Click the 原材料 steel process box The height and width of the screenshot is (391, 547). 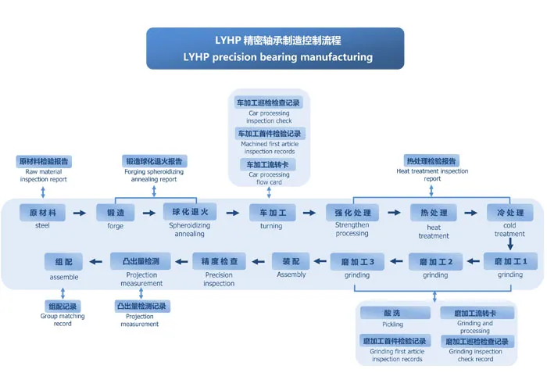(x=42, y=213)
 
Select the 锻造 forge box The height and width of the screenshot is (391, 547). (x=116, y=213)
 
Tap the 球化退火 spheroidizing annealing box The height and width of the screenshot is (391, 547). (x=189, y=212)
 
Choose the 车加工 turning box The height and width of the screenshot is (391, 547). (x=272, y=213)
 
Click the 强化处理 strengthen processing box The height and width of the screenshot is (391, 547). (x=352, y=213)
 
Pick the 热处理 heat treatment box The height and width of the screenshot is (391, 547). (x=433, y=213)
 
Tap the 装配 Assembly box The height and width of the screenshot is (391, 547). (x=291, y=261)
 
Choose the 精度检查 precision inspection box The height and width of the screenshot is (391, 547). (x=220, y=261)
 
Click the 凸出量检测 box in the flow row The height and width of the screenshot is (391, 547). (x=141, y=261)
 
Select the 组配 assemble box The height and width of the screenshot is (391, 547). (x=64, y=261)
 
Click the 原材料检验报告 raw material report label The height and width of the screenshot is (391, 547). (x=44, y=161)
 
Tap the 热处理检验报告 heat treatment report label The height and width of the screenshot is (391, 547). (x=432, y=161)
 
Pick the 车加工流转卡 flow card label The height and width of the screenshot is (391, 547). (x=268, y=165)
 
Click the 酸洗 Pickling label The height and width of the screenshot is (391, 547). (x=392, y=313)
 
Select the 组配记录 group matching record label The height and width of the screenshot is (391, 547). (x=63, y=306)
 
